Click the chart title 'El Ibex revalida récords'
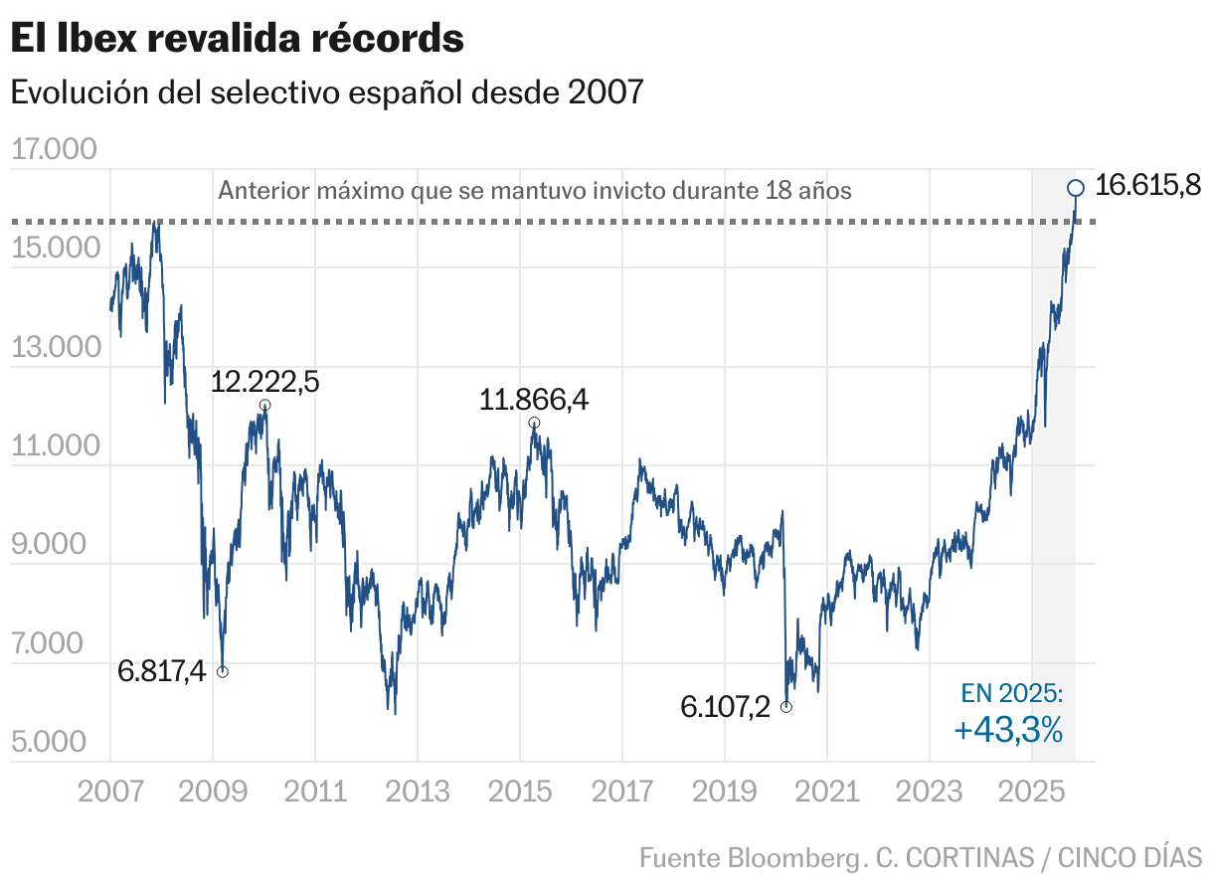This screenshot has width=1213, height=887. pos(237,40)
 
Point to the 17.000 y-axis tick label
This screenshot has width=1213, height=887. pos(55,150)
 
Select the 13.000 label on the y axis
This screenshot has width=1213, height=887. pos(55,348)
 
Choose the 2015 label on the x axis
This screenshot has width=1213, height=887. pos(520,793)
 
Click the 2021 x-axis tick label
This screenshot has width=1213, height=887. pos(827,793)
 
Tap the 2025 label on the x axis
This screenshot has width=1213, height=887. pos(1032,793)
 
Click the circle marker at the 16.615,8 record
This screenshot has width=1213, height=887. pos(1075,188)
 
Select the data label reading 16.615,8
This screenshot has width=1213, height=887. pos(1148,186)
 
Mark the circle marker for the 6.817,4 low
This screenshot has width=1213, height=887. pos(223,672)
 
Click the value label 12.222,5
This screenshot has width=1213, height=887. pos(264,382)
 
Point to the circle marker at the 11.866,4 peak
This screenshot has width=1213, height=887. pos(534,423)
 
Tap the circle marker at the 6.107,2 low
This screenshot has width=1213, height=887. pos(786,707)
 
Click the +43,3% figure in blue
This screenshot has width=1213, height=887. pos(1008,731)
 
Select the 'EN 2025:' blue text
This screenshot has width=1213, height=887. pos(1012,694)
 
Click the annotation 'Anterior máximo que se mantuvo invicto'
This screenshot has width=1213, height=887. pos(534,190)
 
